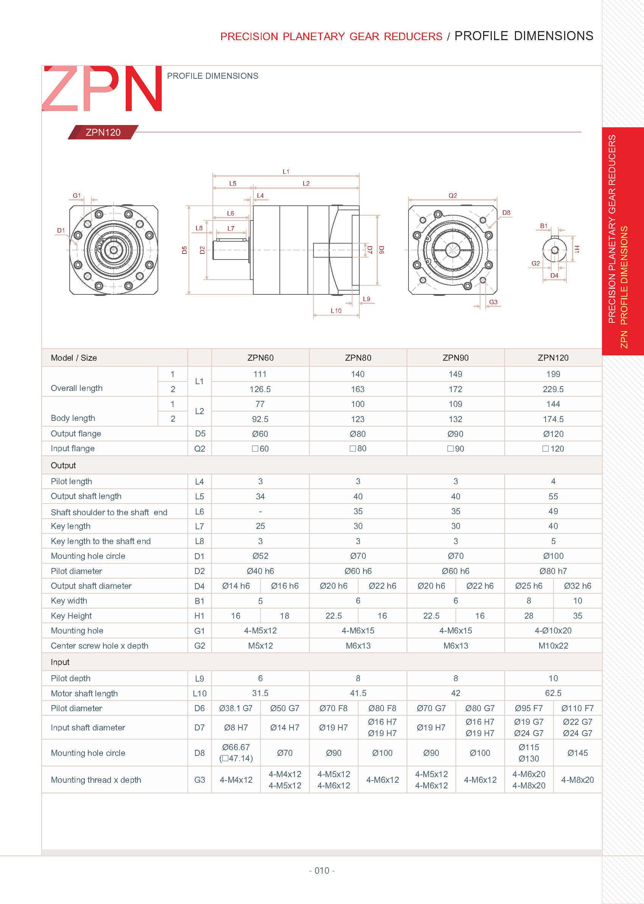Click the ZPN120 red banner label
[x=103, y=132]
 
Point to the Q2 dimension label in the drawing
[x=452, y=196]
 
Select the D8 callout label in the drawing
[x=506, y=213]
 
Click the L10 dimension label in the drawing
[x=336, y=311]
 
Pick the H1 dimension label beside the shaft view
[x=577, y=249]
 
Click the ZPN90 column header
[x=455, y=358]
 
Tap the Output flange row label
[x=76, y=434]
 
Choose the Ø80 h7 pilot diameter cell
[x=553, y=571]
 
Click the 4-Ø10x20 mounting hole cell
[x=553, y=630]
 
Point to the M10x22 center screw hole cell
[x=553, y=646]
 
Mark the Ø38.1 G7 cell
[x=235, y=708]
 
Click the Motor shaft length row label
[x=84, y=693]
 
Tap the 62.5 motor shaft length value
[x=553, y=693]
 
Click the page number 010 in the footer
[x=321, y=870]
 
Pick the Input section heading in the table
[x=60, y=662]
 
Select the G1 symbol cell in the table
[x=200, y=630]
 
